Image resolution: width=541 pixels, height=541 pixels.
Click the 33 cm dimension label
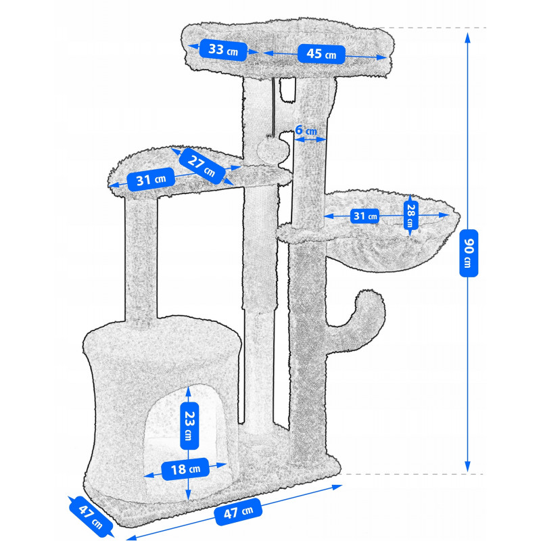[223, 50]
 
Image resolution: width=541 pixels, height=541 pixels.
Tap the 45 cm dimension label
[321, 54]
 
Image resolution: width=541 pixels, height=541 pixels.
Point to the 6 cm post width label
[306, 131]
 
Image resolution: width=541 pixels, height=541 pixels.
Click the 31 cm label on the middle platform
[151, 179]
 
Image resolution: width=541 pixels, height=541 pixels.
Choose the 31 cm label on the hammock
[365, 216]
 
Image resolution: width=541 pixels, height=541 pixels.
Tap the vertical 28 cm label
[410, 215]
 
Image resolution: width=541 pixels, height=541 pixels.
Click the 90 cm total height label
[469, 253]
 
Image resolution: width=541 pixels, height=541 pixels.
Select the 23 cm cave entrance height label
[189, 426]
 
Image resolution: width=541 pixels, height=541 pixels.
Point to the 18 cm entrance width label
[185, 469]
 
